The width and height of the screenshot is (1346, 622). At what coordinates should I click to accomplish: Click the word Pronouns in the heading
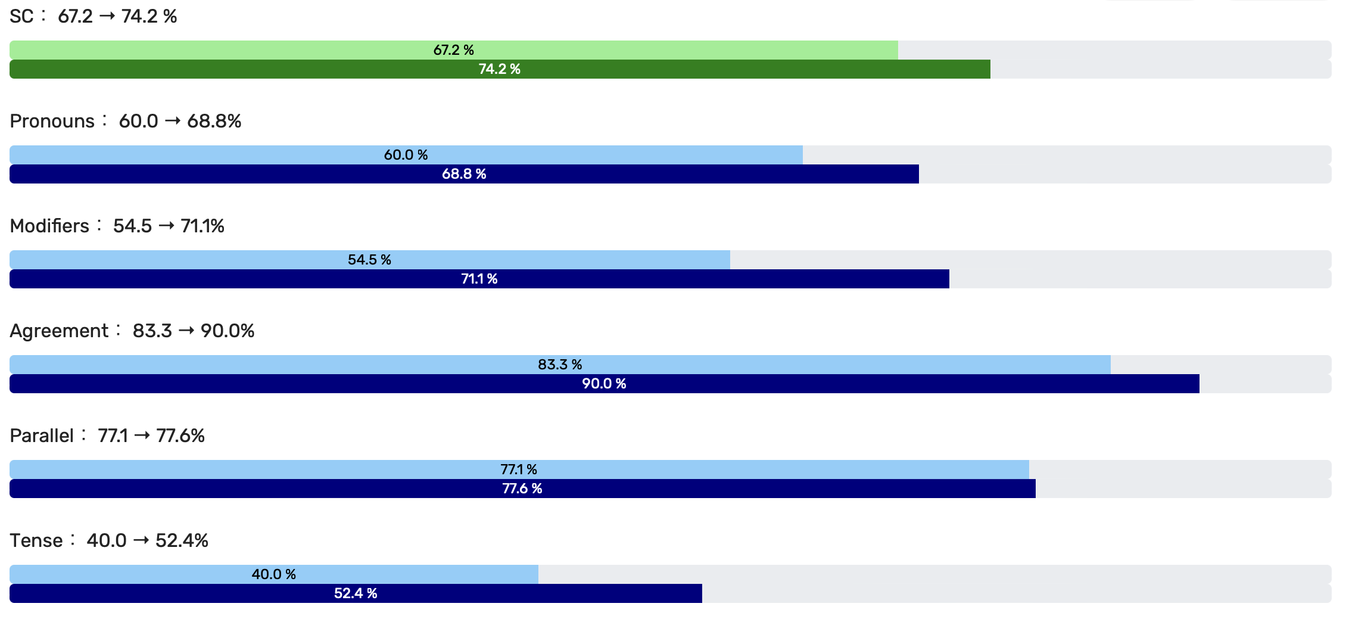[52, 122]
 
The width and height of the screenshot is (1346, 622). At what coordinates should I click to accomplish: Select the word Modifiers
[49, 226]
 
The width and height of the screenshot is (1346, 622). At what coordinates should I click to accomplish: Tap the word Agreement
[59, 331]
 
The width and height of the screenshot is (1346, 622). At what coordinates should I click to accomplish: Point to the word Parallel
[42, 436]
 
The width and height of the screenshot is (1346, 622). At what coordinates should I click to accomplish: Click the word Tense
[36, 541]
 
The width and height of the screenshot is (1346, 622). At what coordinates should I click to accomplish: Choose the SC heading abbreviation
[21, 17]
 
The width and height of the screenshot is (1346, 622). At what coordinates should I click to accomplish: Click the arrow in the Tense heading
[141, 540]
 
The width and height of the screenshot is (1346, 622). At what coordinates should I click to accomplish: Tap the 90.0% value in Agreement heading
[228, 331]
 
